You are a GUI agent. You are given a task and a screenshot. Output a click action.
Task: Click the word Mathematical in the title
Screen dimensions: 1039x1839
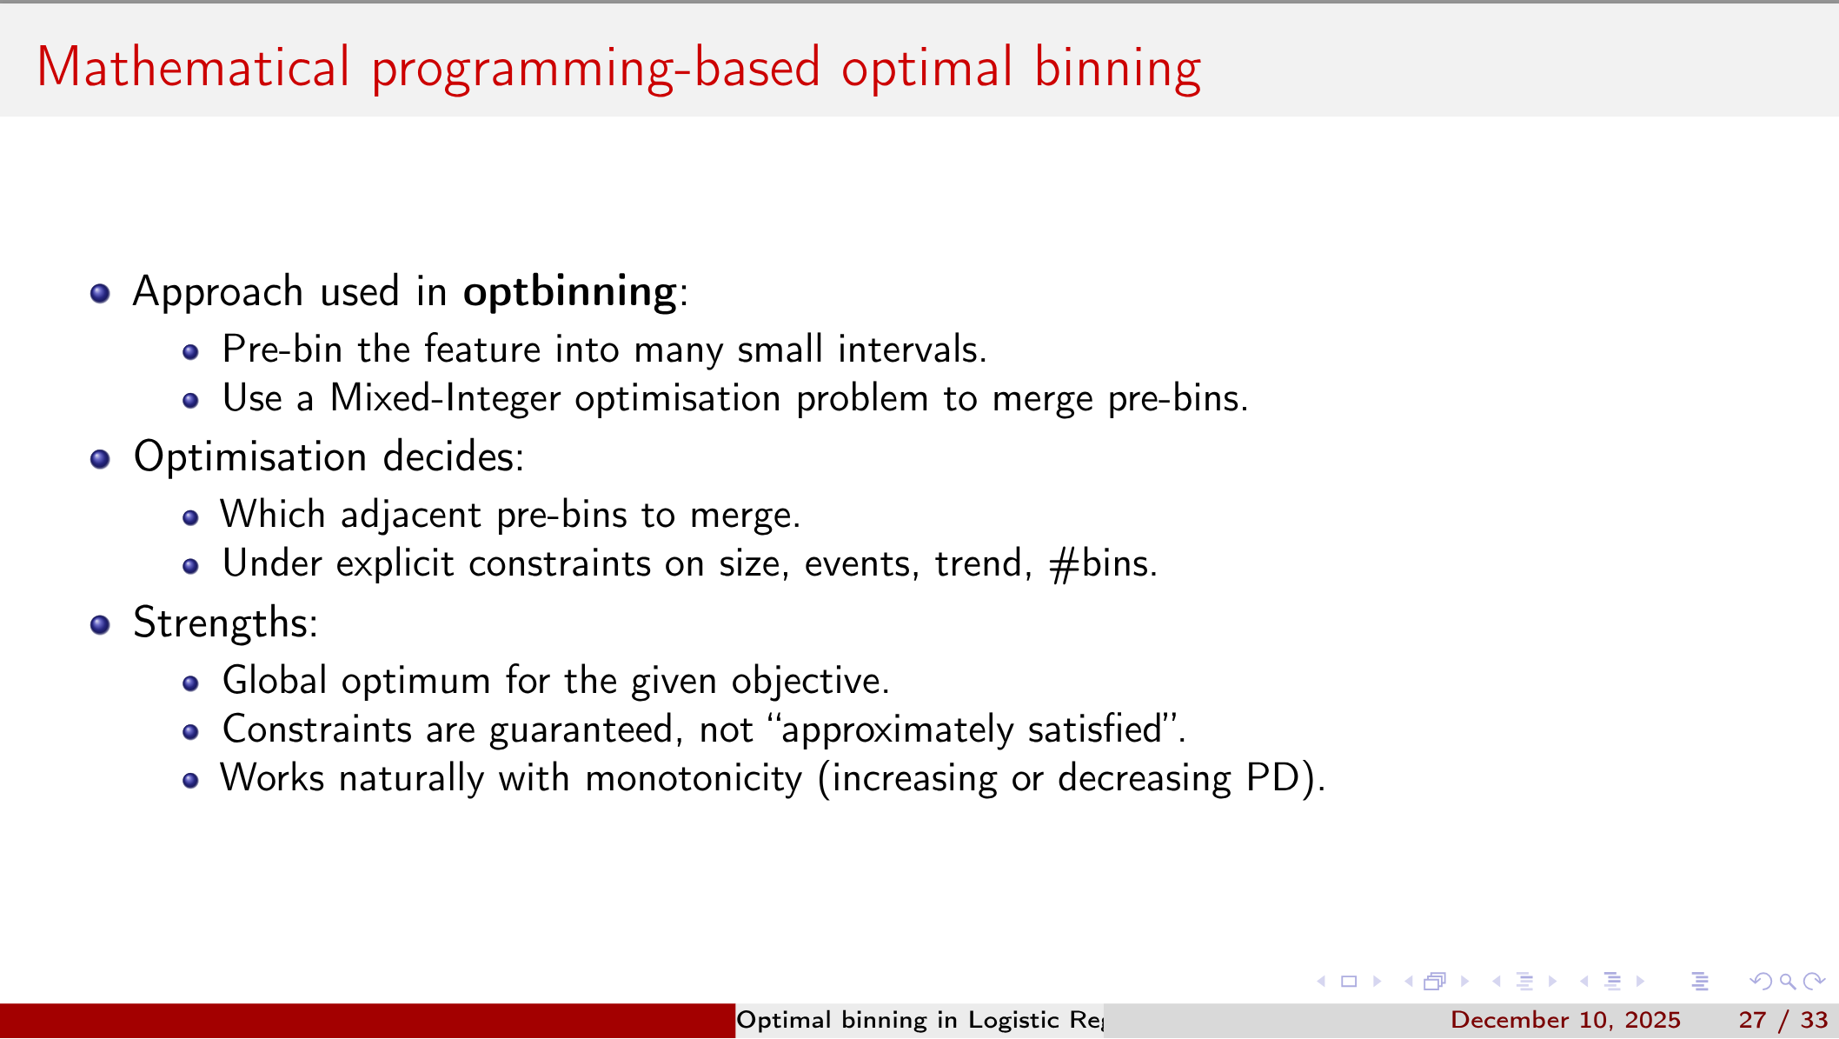(x=193, y=68)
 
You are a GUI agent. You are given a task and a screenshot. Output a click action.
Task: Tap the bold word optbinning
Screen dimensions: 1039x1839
(x=569, y=292)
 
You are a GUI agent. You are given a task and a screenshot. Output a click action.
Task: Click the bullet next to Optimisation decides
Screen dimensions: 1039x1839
(x=100, y=459)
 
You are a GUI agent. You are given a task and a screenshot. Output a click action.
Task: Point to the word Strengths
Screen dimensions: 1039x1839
(x=224, y=623)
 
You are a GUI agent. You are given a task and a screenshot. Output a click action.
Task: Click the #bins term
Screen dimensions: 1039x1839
(x=1101, y=564)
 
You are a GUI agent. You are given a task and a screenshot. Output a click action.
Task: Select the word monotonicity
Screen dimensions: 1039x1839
(x=694, y=778)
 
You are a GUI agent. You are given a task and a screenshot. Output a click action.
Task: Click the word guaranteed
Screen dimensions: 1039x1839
(x=581, y=729)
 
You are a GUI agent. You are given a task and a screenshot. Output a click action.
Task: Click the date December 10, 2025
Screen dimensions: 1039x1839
(x=1565, y=1020)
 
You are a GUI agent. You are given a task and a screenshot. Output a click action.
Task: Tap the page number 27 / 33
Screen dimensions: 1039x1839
(x=1783, y=1020)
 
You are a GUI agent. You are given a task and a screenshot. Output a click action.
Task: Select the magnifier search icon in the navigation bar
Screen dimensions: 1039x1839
(x=1788, y=982)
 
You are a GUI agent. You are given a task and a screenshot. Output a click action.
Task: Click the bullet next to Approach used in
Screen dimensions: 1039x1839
(x=100, y=293)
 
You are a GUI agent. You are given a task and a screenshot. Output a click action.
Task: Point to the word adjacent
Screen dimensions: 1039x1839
(x=410, y=516)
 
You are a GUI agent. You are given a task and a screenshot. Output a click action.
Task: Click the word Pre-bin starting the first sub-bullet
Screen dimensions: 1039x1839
(x=282, y=350)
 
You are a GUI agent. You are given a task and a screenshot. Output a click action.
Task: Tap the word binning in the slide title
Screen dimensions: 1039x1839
(x=1118, y=68)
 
